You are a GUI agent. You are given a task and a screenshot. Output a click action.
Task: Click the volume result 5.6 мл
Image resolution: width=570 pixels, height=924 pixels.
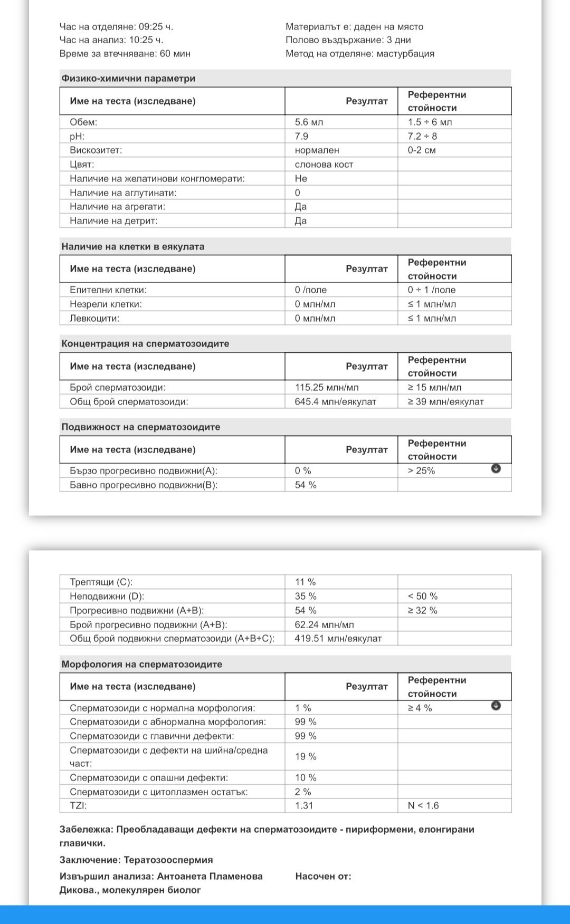(x=309, y=122)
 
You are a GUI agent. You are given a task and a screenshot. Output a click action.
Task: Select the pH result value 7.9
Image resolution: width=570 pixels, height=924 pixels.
(x=301, y=136)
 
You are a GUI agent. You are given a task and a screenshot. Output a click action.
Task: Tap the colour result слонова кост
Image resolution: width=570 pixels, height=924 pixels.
(x=324, y=164)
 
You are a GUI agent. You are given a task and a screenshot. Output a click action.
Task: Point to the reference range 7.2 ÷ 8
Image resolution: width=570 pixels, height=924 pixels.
(x=422, y=136)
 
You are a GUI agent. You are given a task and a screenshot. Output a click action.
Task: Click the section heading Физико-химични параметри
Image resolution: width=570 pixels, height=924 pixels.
(x=128, y=79)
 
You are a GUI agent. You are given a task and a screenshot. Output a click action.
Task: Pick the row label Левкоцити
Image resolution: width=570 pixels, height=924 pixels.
(x=94, y=318)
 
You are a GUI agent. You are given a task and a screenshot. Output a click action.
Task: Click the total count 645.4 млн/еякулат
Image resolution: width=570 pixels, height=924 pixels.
(x=335, y=401)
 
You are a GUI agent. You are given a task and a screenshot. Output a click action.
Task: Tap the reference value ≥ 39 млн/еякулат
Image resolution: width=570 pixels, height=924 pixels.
(x=445, y=401)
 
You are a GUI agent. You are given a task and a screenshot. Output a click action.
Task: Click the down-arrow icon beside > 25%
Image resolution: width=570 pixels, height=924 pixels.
(x=496, y=468)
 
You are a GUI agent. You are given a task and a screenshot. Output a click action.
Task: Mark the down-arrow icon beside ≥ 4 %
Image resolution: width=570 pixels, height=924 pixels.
(x=496, y=706)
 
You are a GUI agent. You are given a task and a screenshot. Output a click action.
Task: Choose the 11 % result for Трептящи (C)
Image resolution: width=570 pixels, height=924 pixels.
(x=305, y=582)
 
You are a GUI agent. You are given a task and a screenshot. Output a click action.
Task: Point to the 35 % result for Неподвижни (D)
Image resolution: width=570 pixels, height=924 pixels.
(x=306, y=596)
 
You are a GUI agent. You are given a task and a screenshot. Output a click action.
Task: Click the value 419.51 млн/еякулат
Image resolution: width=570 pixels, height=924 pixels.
(x=338, y=638)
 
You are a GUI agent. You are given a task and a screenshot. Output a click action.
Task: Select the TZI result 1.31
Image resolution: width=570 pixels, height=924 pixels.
(x=304, y=805)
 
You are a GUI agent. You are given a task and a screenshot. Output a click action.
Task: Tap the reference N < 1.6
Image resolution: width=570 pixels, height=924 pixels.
(x=423, y=805)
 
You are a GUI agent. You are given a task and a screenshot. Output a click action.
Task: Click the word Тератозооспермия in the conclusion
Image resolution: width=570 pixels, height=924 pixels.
(x=168, y=860)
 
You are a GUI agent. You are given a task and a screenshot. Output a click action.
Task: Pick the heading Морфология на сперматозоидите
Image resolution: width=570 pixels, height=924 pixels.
(x=142, y=664)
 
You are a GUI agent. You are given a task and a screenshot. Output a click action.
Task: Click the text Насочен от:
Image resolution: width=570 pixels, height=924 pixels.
(x=323, y=876)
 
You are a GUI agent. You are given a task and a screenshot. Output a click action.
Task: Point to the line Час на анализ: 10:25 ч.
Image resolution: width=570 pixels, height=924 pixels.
(x=111, y=40)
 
